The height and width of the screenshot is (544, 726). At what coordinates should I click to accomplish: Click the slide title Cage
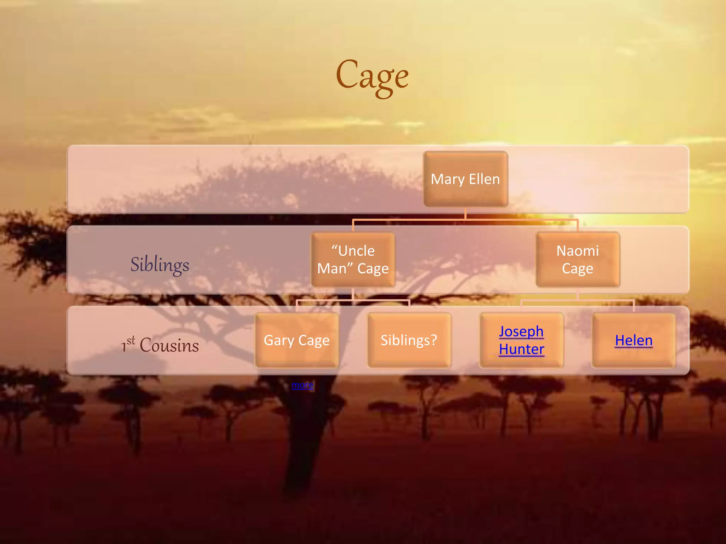372,76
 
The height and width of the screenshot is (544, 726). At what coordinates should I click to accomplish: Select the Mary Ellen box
465,179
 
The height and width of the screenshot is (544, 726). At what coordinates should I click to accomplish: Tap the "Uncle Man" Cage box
353,260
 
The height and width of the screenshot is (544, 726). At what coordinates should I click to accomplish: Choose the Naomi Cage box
578,260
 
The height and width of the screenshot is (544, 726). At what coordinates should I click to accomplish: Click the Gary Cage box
297,340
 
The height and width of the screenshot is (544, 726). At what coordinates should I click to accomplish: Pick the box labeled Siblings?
409,340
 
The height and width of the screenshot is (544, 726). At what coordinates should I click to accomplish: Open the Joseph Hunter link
521,340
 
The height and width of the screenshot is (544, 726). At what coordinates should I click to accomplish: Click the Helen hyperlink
634,340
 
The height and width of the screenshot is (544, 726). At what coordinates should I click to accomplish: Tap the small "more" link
302,385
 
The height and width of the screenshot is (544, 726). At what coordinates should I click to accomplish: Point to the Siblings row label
160,265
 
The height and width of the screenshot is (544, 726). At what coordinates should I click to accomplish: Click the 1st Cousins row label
160,345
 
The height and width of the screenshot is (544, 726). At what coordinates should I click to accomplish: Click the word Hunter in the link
521,349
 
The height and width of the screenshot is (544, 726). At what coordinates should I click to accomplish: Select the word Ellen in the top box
484,179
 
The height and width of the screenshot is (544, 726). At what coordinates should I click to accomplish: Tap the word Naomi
578,251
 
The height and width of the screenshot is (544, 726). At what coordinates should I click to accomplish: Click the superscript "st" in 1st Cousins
131,340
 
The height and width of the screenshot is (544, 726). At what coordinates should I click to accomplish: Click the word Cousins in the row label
169,345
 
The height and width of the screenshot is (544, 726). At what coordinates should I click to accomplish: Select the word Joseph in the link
521,331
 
